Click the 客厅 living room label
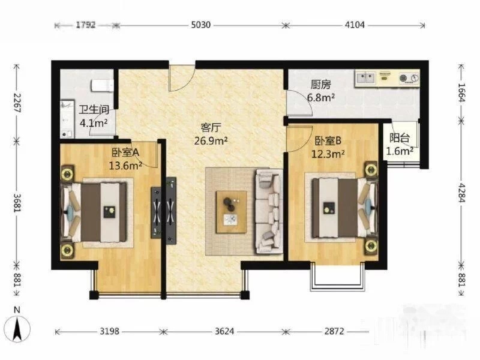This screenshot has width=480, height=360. tap(209, 128)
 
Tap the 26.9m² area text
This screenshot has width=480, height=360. tap(209, 142)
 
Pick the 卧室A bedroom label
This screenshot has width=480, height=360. tap(125, 152)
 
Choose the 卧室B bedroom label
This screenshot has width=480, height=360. tap(328, 140)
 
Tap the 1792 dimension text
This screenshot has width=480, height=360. tap(86, 25)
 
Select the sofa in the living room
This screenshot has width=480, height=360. tap(268, 209)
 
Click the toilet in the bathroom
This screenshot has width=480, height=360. tap(102, 83)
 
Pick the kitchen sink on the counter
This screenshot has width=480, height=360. tap(366, 77)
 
